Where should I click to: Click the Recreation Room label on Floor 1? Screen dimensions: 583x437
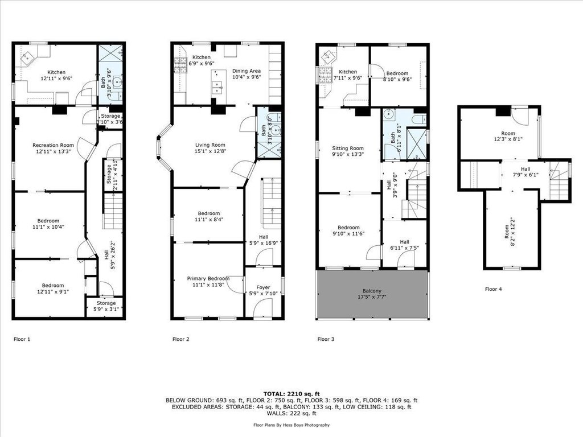tap(53, 149)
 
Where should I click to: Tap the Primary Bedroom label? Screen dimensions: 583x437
tap(208, 281)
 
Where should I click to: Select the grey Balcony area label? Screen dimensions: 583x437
tap(372, 294)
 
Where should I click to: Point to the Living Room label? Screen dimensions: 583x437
tap(211, 148)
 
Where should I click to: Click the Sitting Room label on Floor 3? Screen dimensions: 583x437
tap(348, 151)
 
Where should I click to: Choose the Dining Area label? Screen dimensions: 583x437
tap(247, 74)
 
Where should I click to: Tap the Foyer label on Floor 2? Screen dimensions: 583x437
tap(263, 290)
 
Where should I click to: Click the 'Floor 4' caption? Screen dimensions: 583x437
tap(494, 288)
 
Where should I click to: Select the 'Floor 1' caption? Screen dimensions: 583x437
tap(22, 339)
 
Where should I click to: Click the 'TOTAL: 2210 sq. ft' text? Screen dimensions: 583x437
tap(291, 394)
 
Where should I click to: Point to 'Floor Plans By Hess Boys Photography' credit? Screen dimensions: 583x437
tap(291, 425)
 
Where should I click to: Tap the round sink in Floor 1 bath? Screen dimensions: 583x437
tap(117, 81)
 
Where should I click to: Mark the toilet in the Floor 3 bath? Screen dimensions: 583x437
tap(419, 119)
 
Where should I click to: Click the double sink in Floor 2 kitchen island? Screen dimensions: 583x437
tap(217, 87)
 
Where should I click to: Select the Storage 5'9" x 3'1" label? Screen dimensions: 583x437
tap(106, 306)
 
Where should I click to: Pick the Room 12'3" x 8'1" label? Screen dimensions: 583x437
tap(508, 136)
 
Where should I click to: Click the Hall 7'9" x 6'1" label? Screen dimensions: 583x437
tap(525, 172)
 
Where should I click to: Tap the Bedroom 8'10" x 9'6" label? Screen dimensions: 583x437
tap(397, 76)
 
